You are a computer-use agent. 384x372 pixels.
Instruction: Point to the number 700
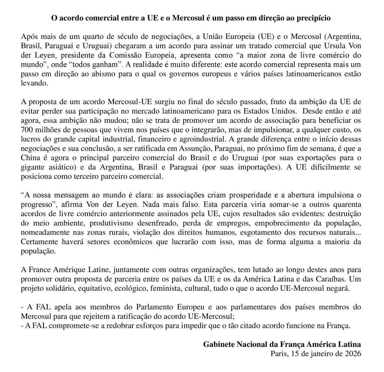pos(27,128)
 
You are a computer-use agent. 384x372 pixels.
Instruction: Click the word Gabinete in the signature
pos(219,344)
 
